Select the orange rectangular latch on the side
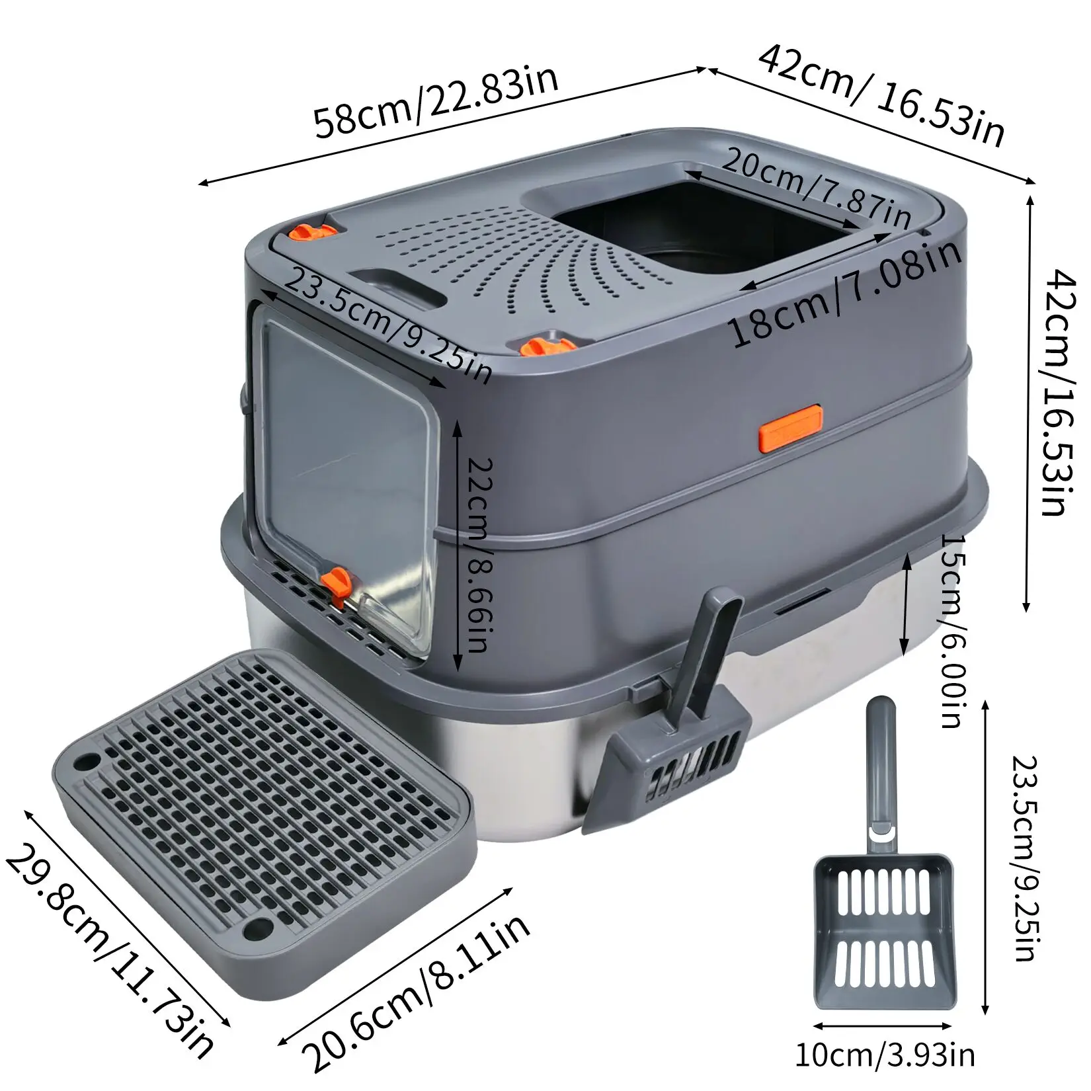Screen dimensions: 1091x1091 (789, 428)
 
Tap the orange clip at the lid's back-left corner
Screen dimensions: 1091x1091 (313, 233)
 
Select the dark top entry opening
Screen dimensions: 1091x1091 (694, 225)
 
